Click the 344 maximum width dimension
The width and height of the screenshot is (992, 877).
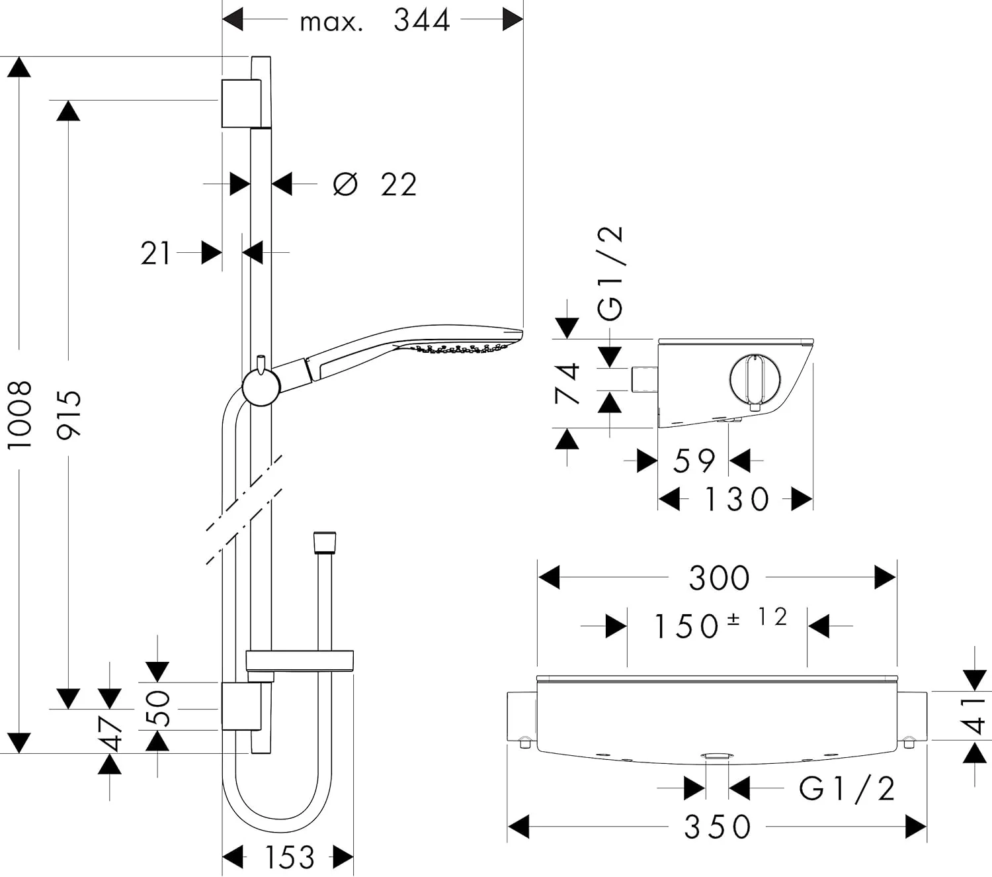click(x=421, y=21)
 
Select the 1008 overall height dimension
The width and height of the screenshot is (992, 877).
click(x=20, y=414)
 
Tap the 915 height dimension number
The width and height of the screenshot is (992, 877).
click(x=69, y=414)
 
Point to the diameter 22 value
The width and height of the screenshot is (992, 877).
click(x=399, y=185)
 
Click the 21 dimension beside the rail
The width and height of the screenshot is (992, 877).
click(x=155, y=254)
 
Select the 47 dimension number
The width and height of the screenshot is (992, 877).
click(x=110, y=734)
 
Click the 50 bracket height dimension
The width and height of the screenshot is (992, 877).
click(x=157, y=708)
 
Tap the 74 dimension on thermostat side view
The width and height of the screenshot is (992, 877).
click(x=567, y=383)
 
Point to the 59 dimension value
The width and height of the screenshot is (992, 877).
click(x=694, y=461)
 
